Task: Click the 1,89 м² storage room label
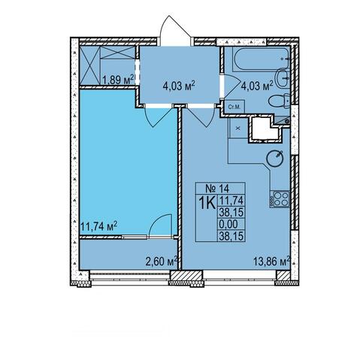pyautogui.click(x=118, y=80)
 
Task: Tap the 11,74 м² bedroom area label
pyautogui.click(x=99, y=226)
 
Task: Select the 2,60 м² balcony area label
pyautogui.click(x=162, y=262)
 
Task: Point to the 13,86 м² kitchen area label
pyautogui.click(x=272, y=262)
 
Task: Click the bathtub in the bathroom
pyautogui.click(x=261, y=59)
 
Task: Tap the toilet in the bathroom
pyautogui.click(x=279, y=101)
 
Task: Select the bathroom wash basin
pyautogui.click(x=283, y=78)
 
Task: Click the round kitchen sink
pyautogui.click(x=275, y=158)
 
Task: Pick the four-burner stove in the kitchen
pyautogui.click(x=280, y=199)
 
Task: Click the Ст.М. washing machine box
pyautogui.click(x=234, y=107)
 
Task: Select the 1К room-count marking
pyautogui.click(x=207, y=203)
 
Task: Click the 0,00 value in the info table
pyautogui.click(x=228, y=224)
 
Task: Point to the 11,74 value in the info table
pyautogui.click(x=231, y=201)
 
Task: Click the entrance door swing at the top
pyautogui.click(x=175, y=31)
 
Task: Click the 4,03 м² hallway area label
pyautogui.click(x=179, y=86)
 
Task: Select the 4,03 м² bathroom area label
pyautogui.click(x=257, y=86)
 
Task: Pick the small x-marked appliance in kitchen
pyautogui.click(x=238, y=129)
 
